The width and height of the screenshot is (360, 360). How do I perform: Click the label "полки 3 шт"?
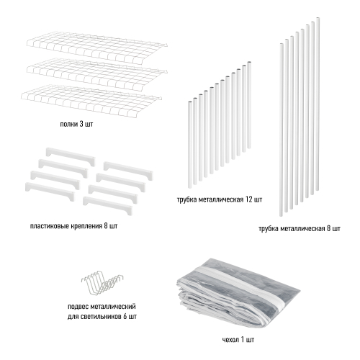[76, 125]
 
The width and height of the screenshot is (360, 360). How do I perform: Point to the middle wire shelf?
[95, 74]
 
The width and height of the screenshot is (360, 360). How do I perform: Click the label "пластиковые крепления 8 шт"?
[73, 226]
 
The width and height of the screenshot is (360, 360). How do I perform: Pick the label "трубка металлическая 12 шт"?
[220, 199]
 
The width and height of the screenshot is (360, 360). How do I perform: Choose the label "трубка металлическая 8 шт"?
[300, 228]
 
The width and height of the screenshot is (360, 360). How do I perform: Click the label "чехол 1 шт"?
[238, 340]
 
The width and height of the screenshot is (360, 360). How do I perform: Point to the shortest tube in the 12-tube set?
[189, 145]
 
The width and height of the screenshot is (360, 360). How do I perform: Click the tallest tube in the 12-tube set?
[249, 105]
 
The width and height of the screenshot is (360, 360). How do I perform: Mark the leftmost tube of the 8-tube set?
[282, 130]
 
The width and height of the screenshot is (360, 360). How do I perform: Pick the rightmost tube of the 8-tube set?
[318, 104]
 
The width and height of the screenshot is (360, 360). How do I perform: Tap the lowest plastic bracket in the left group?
[50, 191]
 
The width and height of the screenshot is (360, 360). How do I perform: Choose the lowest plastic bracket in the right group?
[107, 205]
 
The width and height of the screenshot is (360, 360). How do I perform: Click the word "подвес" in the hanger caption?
[78, 307]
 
